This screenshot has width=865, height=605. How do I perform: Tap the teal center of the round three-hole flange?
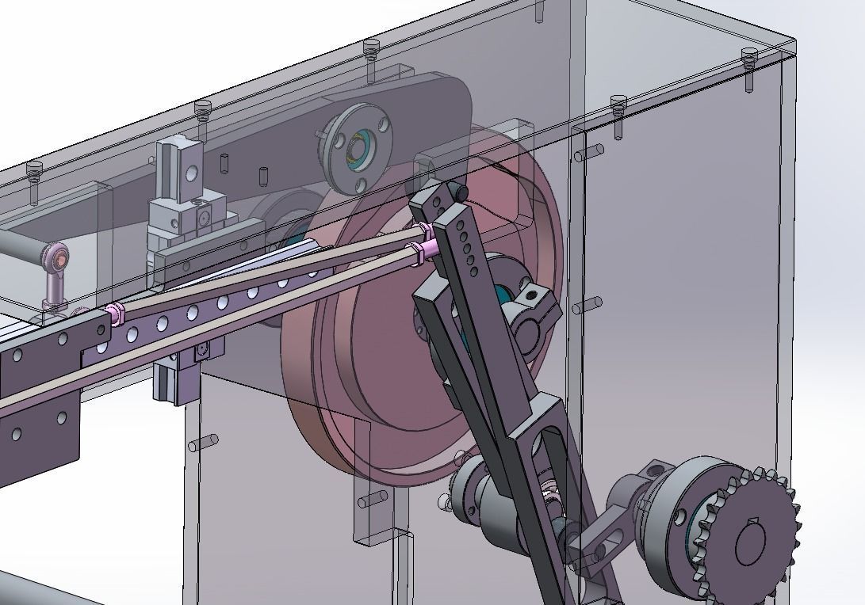pyautogui.click(x=354, y=149)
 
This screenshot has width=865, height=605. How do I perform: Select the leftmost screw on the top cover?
pyautogui.click(x=33, y=169)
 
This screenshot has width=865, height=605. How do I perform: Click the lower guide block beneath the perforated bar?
pyautogui.click(x=178, y=380)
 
